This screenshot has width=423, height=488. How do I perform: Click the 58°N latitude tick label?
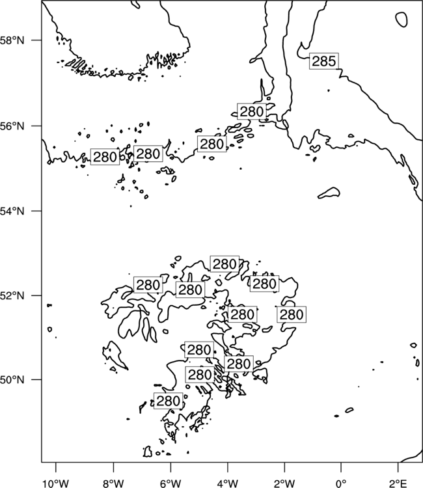(x=12, y=40)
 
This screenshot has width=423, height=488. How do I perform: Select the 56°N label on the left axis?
(x=12, y=126)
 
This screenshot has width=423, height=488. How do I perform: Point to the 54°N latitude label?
(x=12, y=211)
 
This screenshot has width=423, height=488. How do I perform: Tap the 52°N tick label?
(x=12, y=295)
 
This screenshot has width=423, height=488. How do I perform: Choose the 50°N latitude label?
(x=12, y=380)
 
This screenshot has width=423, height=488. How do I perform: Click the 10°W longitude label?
(x=56, y=483)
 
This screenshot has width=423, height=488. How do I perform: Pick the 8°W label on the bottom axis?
(x=113, y=483)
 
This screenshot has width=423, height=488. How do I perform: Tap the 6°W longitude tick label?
(x=171, y=483)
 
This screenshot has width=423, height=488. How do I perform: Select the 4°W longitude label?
(x=228, y=483)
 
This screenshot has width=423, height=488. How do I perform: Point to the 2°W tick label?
(x=284, y=483)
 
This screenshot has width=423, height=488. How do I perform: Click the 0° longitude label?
(x=341, y=483)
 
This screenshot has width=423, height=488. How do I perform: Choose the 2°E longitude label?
(x=398, y=483)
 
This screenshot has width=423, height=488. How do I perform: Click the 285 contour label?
(x=323, y=61)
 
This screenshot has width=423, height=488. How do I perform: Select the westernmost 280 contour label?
(x=105, y=157)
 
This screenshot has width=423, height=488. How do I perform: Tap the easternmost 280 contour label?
(x=292, y=314)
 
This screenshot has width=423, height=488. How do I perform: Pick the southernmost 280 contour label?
(x=168, y=401)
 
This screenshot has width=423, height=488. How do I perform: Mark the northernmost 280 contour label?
(x=252, y=111)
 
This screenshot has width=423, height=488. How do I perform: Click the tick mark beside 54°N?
(x=38, y=211)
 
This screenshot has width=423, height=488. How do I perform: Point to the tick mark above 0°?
(x=341, y=466)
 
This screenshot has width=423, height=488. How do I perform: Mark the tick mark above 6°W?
(x=171, y=466)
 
